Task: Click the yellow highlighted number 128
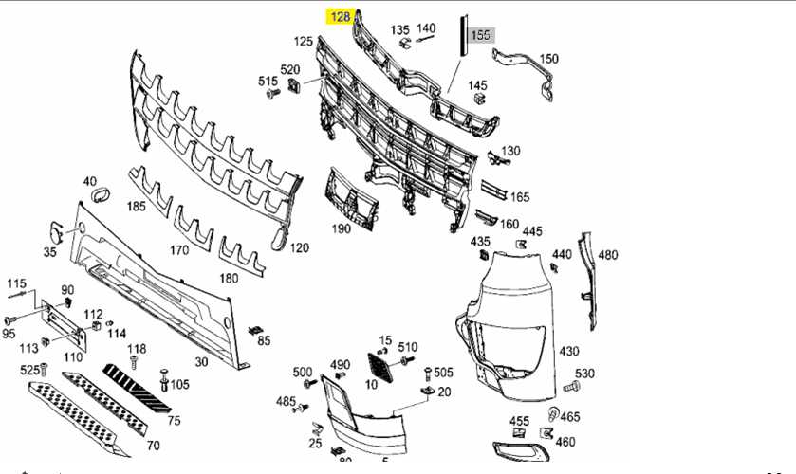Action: pyautogui.click(x=339, y=16)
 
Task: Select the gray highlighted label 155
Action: pyautogui.click(x=481, y=35)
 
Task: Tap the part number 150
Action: pyautogui.click(x=548, y=59)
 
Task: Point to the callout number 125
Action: pyautogui.click(x=303, y=42)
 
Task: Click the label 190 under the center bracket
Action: pyautogui.click(x=341, y=228)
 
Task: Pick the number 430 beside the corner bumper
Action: pyautogui.click(x=568, y=352)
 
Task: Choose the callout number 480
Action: pyautogui.click(x=607, y=255)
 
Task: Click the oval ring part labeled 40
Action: pyautogui.click(x=98, y=197)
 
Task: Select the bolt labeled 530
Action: pyautogui.click(x=569, y=388)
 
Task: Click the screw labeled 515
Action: pyautogui.click(x=274, y=94)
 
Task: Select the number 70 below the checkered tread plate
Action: pyautogui.click(x=153, y=446)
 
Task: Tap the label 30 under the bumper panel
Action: pyautogui.click(x=201, y=361)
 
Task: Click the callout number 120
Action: pyautogui.click(x=300, y=248)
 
